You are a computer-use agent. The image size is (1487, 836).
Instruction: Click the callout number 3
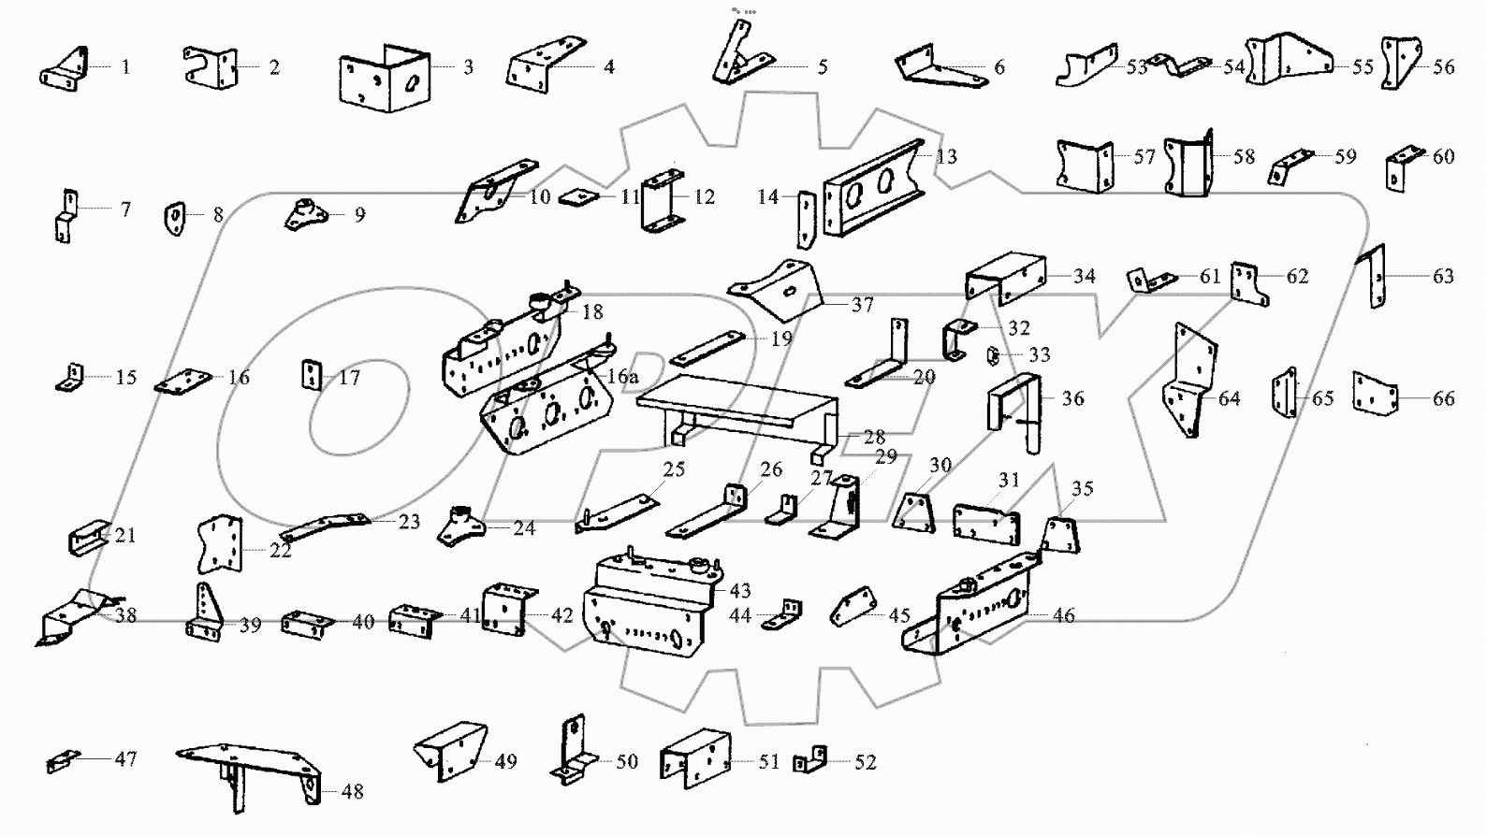[x=468, y=67]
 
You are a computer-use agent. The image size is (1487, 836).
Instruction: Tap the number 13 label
[x=946, y=156]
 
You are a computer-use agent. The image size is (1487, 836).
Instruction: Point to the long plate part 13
[x=872, y=191]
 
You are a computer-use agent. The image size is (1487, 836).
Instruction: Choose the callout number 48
[x=352, y=792]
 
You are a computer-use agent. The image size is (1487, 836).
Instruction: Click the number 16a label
[x=622, y=377]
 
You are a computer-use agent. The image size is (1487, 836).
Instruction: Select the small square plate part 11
[x=578, y=198]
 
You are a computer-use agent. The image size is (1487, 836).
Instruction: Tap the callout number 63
[x=1443, y=276]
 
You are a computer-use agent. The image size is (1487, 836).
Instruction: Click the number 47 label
[x=125, y=759]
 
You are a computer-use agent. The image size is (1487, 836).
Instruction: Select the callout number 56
[x=1444, y=67]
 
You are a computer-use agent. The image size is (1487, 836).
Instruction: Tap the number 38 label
[x=125, y=615]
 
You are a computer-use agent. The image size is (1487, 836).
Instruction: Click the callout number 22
[x=281, y=551]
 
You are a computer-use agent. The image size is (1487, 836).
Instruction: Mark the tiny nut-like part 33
[x=994, y=356]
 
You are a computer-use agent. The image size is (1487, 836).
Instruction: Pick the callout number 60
[x=1444, y=157]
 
